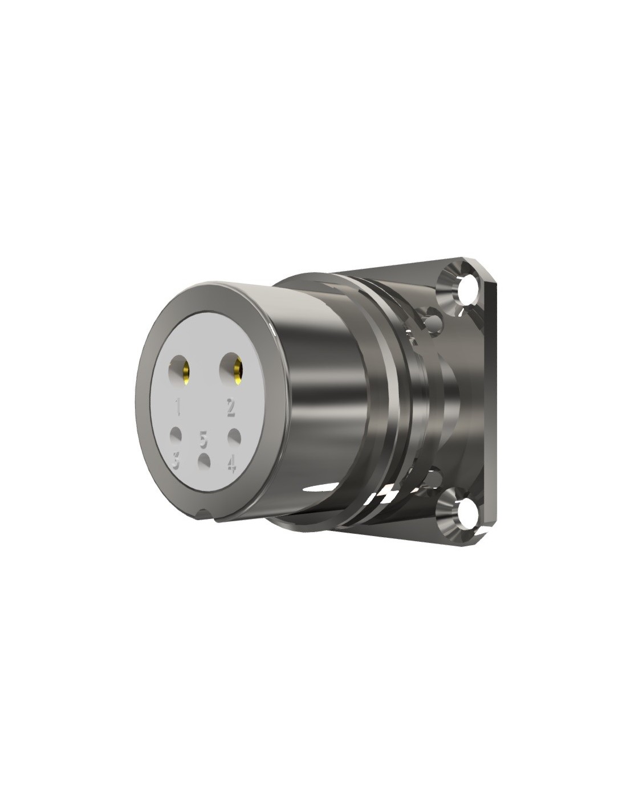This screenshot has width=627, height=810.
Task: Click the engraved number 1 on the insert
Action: [x=178, y=407]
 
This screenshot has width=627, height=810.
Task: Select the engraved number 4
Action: [x=231, y=463]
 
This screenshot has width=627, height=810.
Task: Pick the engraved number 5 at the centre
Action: [x=203, y=439]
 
